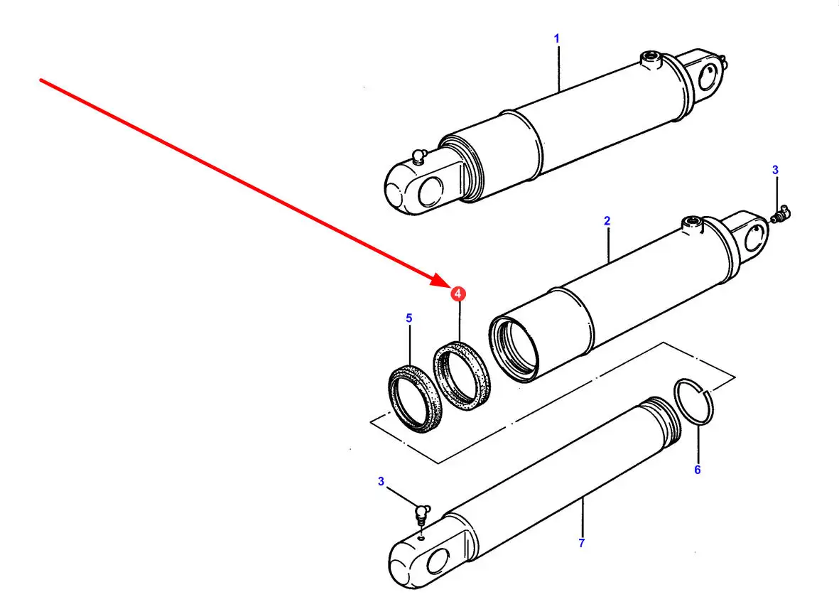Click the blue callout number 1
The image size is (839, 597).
[556, 38]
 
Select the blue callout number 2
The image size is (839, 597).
[607, 220]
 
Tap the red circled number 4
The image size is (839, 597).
[458, 294]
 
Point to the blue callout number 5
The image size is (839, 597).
[409, 318]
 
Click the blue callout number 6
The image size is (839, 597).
[697, 470]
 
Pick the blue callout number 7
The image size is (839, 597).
[582, 543]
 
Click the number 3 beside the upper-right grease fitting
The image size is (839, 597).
[775, 171]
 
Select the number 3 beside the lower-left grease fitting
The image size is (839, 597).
[381, 481]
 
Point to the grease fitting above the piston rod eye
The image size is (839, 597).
[423, 514]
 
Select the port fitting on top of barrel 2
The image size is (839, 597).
[692, 224]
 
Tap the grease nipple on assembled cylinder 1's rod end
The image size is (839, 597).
[419, 156]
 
